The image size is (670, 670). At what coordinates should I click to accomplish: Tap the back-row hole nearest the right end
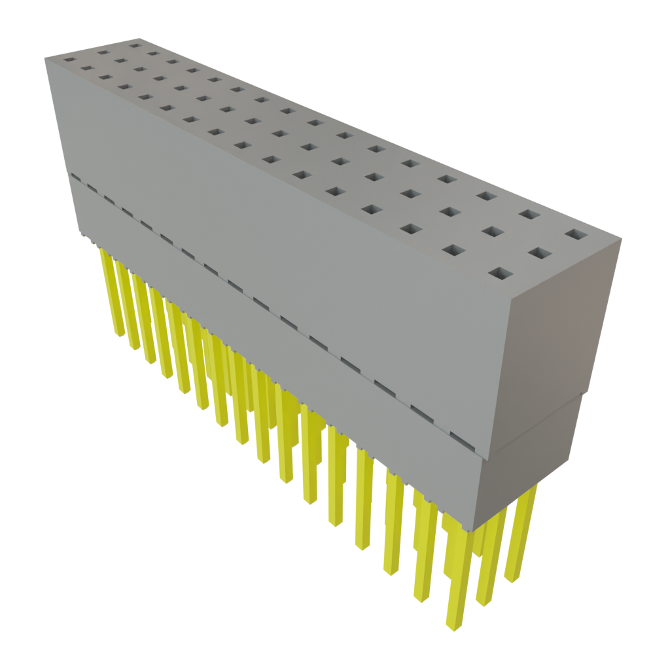[x=574, y=234]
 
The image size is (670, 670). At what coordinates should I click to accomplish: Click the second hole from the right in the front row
[x=454, y=249]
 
